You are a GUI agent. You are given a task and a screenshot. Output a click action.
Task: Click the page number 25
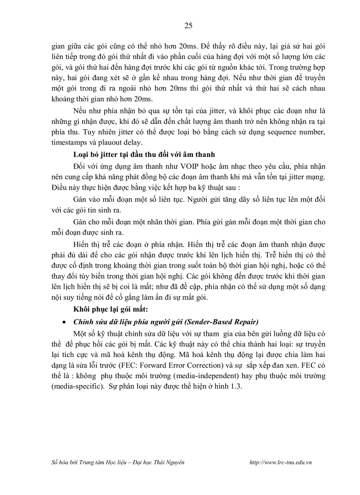(188, 26)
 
